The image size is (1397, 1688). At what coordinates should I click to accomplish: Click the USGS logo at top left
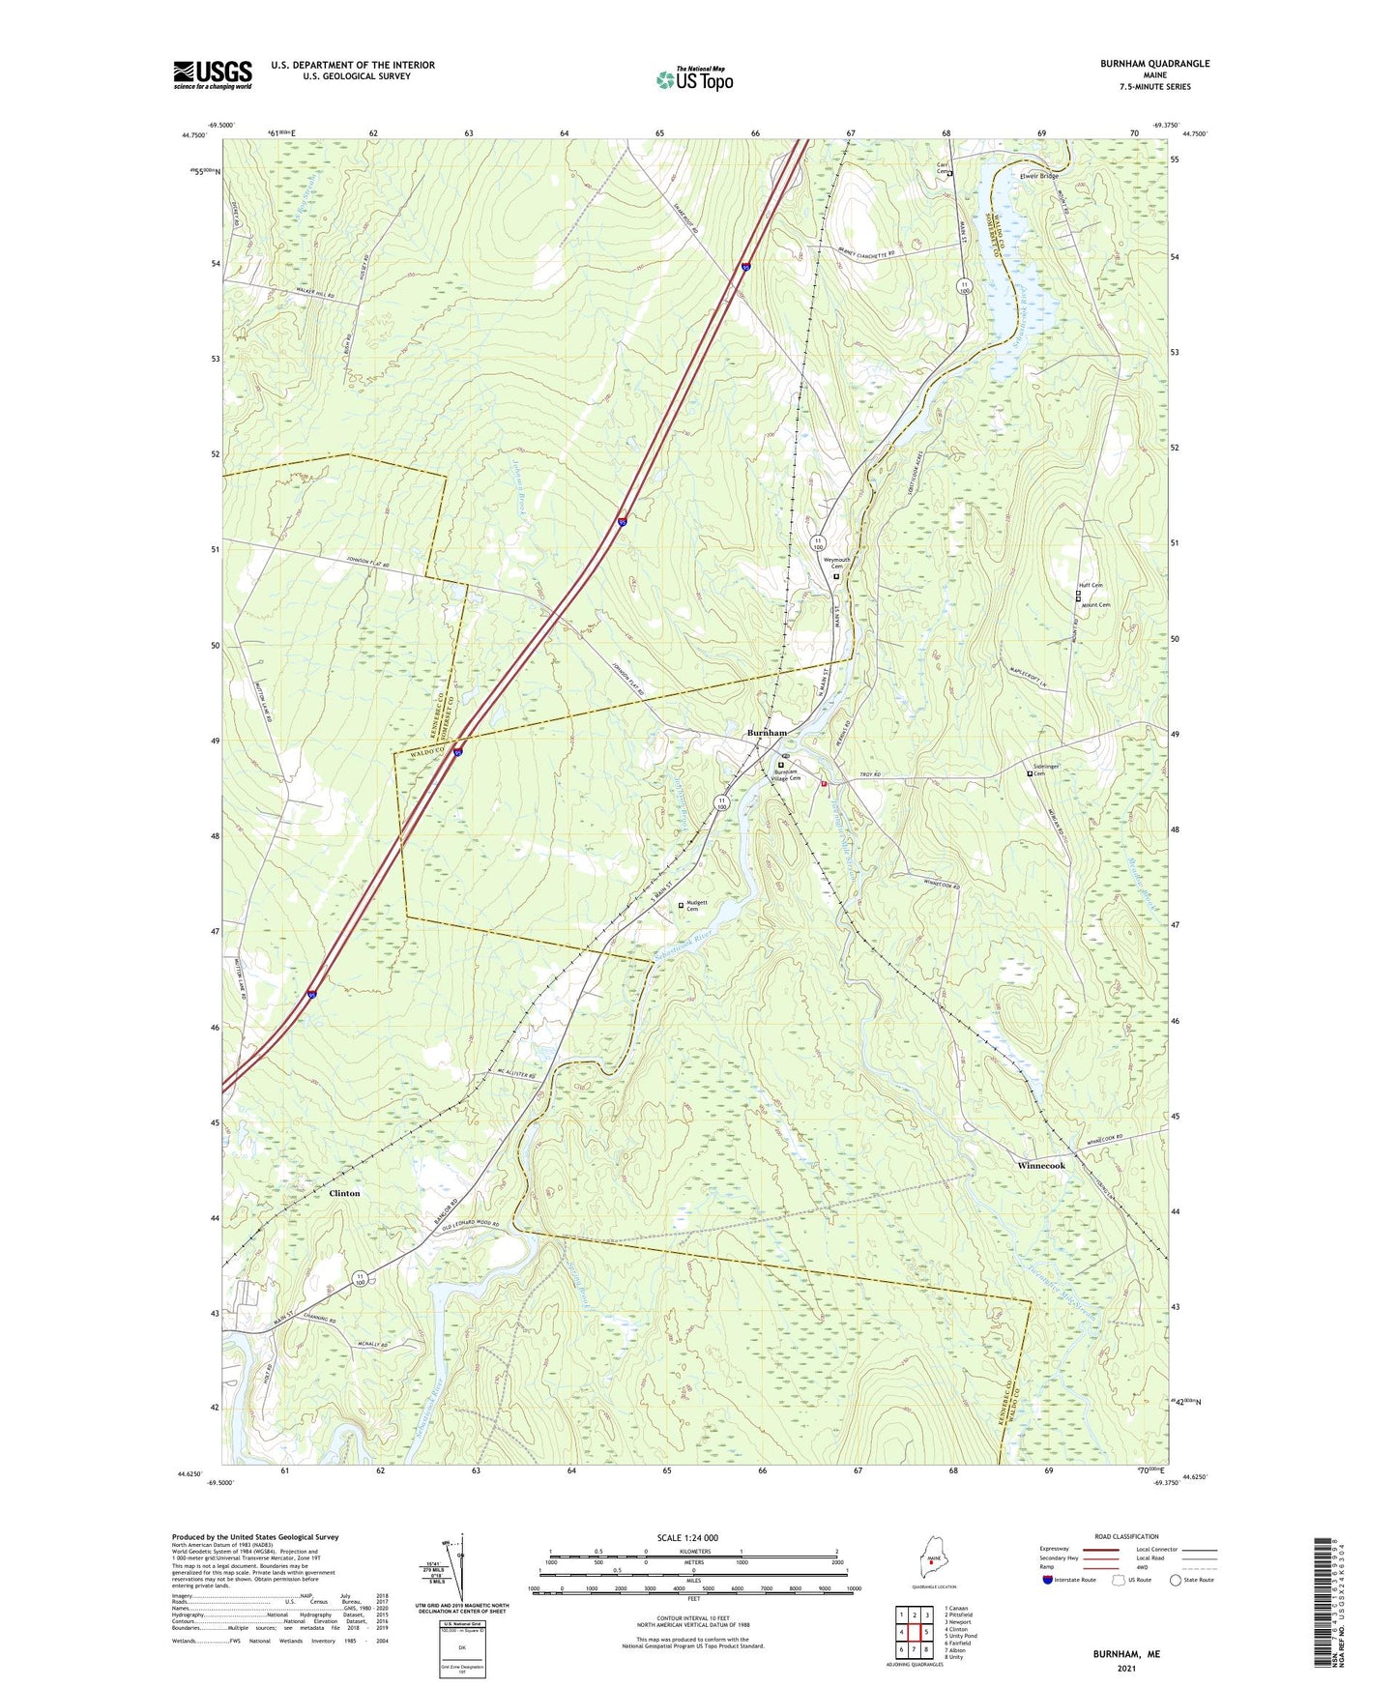pos(213,74)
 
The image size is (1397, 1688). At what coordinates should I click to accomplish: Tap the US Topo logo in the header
pos(694,78)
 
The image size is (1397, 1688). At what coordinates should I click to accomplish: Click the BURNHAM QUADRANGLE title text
pos(1154,64)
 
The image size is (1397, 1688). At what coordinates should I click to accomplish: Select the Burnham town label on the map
pos(767,733)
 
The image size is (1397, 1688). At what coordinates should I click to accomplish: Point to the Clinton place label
pos(344,1193)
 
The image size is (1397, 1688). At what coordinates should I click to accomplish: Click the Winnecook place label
pos(1041,1166)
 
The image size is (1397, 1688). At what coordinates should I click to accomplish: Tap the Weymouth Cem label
pos(836,563)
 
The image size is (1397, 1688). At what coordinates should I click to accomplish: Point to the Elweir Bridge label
pos(1039,176)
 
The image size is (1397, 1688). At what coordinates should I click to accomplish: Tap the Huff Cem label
pos(1091,585)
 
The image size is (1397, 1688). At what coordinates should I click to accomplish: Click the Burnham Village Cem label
pos(789,774)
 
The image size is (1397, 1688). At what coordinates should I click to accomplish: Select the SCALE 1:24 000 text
pos(687,1537)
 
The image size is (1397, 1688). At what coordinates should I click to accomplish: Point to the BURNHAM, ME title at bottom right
pos(1126,1654)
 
